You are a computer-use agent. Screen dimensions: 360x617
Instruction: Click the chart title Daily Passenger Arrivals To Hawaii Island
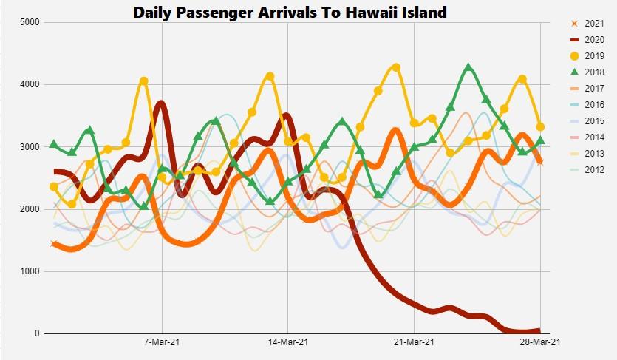[290, 12]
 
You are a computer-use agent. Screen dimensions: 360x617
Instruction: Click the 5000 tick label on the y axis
[30, 22]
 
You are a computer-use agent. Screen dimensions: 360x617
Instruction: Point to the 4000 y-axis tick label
[30, 84]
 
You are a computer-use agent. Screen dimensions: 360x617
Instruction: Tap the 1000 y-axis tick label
[30, 271]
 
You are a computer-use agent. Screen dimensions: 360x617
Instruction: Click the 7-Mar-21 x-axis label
[162, 342]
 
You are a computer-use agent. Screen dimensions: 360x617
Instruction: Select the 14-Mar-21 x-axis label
[288, 342]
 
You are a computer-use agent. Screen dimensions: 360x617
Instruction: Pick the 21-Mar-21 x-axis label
[414, 342]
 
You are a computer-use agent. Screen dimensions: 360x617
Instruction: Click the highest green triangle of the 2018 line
[468, 68]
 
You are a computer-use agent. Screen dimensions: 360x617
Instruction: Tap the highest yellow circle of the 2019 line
[396, 67]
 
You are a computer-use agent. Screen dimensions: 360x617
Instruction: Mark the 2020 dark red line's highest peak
[161, 103]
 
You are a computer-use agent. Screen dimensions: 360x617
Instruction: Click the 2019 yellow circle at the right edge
[540, 127]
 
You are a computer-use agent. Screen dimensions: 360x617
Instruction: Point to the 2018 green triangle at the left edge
[54, 144]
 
